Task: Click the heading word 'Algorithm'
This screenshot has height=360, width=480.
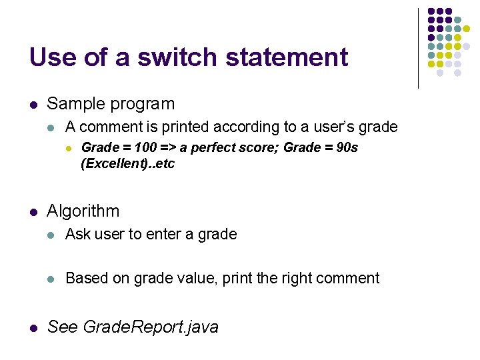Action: [83, 211]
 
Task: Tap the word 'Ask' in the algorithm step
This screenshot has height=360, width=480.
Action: [78, 234]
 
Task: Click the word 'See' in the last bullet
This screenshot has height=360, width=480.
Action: [63, 327]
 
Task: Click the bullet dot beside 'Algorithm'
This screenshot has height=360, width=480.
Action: [33, 212]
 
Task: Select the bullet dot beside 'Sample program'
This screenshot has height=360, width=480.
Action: [33, 105]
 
